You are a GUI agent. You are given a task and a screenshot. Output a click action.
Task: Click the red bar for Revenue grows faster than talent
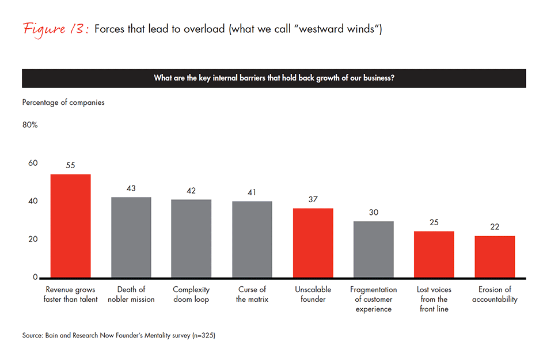tap(70, 226)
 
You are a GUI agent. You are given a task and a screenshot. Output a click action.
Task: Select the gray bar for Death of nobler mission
tap(131, 237)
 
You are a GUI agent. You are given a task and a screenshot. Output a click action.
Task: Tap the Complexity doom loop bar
tap(191, 238)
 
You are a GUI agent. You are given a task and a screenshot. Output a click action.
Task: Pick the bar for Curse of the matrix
tap(252, 239)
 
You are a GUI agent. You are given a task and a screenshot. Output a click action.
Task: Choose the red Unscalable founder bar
tap(313, 243)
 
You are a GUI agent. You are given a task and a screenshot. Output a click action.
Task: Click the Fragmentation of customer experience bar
tap(373, 249)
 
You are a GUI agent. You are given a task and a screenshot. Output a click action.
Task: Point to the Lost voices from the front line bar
tap(434, 254)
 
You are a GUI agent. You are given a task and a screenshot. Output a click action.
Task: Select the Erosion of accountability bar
tap(495, 257)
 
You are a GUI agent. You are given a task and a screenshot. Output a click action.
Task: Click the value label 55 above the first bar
tap(70, 165)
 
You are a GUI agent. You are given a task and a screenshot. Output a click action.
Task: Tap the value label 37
tap(313, 199)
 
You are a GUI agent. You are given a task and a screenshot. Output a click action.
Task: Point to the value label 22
tap(495, 226)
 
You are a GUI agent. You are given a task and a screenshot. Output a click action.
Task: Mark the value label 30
tap(373, 212)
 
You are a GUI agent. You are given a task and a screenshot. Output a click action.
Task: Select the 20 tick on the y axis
tap(33, 240)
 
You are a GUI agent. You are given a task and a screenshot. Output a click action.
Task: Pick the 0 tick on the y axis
tap(35, 277)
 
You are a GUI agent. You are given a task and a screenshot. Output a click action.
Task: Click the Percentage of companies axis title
tap(63, 103)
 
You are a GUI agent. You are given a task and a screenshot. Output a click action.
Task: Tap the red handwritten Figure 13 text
tap(55, 29)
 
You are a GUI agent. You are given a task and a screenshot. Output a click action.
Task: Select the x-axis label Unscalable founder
tap(313, 294)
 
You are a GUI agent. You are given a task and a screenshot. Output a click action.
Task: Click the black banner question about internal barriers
tap(273, 78)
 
